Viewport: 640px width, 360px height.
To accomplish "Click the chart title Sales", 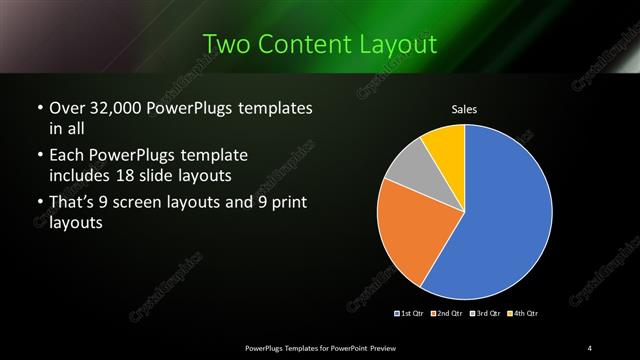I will (x=465, y=108).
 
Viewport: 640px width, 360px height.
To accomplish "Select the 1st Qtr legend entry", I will (x=410, y=314).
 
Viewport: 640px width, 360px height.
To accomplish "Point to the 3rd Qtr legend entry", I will (x=485, y=314).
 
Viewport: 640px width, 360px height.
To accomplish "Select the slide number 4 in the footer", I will (x=590, y=347).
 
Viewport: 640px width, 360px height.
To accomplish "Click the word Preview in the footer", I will (x=393, y=347).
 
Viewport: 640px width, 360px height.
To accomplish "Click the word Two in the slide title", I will (x=226, y=45).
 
